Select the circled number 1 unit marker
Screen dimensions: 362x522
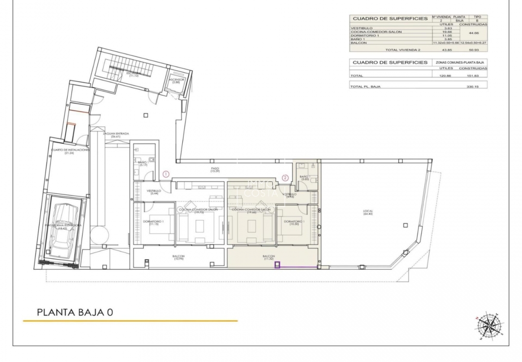165,174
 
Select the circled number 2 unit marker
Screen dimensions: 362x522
285,178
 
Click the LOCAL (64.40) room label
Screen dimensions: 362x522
368,213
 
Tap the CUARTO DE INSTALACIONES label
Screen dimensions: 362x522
71,151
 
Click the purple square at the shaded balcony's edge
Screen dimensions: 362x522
277,265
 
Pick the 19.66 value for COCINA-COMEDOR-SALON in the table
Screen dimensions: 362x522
439,32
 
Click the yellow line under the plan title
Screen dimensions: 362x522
130,321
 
